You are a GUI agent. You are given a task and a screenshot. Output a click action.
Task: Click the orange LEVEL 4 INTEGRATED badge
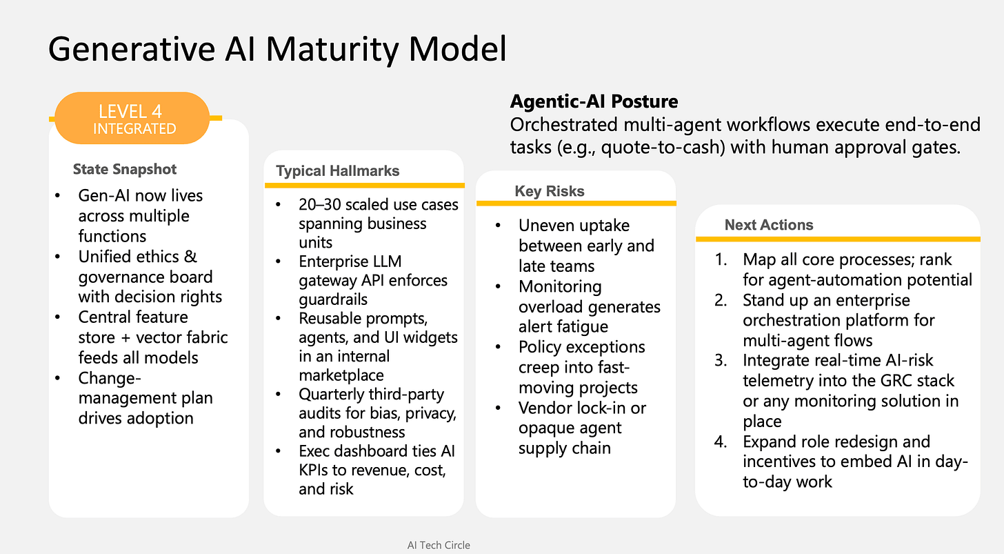click(x=132, y=119)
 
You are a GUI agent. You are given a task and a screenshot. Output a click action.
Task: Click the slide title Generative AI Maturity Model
click(x=277, y=50)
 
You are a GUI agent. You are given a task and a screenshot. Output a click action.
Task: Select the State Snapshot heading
click(x=125, y=169)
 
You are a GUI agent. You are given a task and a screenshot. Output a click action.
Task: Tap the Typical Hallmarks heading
click(x=337, y=171)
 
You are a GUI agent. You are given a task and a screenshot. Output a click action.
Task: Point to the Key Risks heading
click(x=550, y=191)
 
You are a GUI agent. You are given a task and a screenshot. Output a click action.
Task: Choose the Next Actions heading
click(x=769, y=225)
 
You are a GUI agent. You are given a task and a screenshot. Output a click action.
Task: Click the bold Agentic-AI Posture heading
click(x=594, y=102)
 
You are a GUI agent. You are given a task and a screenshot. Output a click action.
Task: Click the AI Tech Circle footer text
click(x=439, y=545)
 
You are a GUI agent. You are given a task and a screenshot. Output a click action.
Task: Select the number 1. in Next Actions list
click(x=722, y=260)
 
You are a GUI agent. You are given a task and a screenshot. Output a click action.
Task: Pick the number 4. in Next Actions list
click(x=721, y=442)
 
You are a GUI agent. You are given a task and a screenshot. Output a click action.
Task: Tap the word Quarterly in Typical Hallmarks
click(x=333, y=395)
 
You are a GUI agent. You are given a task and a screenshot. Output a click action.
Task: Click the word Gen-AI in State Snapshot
click(x=104, y=196)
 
